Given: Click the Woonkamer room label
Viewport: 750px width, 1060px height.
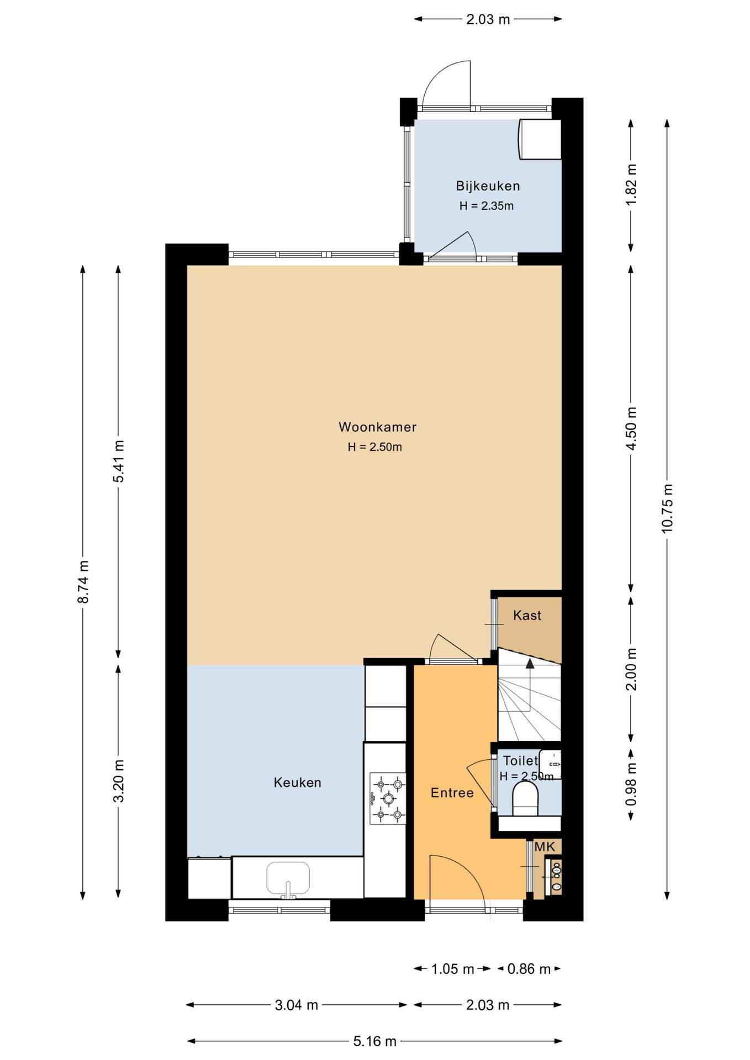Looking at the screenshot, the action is [x=377, y=427].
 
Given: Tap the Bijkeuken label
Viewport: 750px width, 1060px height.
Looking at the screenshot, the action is [x=488, y=186].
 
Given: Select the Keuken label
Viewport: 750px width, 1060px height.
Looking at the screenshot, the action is [x=297, y=782].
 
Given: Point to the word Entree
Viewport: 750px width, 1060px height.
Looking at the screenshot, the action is [x=452, y=793].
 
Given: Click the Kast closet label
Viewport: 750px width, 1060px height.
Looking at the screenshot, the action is [x=527, y=616].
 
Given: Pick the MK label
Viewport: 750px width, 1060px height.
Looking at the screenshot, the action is [x=545, y=847].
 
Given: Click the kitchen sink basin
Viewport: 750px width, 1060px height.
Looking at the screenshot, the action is [x=288, y=878].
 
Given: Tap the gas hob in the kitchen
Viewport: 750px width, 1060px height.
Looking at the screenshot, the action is [x=388, y=798].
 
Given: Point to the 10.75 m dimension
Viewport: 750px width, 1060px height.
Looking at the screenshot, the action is [x=667, y=508].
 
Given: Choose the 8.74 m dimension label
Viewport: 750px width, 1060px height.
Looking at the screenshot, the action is [x=83, y=582].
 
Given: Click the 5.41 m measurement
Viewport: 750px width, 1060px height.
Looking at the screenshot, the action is [x=118, y=461].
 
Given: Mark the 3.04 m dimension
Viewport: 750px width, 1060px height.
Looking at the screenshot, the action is [x=297, y=1005].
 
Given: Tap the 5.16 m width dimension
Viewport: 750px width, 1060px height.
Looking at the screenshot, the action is [x=375, y=1041].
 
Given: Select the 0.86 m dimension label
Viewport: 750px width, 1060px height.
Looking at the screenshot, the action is [x=529, y=968].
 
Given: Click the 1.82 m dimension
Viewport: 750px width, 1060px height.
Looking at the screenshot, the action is [x=631, y=185].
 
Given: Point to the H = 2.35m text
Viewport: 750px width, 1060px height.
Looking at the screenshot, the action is [x=487, y=206].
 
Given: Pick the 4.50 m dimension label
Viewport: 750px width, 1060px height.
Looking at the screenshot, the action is [x=631, y=428].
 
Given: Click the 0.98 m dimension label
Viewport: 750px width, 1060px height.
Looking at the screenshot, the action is [x=631, y=784].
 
